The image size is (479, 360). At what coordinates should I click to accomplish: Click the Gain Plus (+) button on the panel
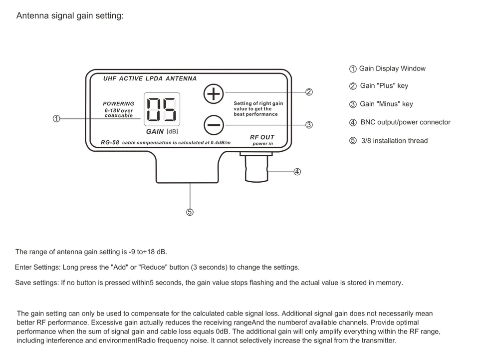(214, 93)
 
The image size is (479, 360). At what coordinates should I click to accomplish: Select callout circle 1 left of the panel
(56, 119)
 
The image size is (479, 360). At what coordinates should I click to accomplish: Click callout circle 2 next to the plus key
(309, 92)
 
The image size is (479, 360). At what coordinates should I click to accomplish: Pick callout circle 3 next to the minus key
(309, 125)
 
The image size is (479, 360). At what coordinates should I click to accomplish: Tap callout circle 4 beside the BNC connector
(297, 172)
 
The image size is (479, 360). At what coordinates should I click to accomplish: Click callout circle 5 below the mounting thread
(190, 212)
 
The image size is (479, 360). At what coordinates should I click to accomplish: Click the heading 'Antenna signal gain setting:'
(70, 15)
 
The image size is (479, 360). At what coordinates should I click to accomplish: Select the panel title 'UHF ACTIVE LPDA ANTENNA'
(150, 79)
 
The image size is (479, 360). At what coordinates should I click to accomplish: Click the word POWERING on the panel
(118, 104)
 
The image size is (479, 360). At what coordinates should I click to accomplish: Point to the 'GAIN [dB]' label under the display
(162, 132)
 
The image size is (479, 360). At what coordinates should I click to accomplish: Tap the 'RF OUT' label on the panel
(262, 137)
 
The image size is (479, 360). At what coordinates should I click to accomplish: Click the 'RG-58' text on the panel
(110, 142)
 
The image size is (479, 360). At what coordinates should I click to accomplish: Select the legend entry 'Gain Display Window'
(392, 69)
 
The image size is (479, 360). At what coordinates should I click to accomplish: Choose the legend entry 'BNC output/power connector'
(405, 122)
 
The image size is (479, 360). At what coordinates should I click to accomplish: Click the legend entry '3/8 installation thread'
(394, 141)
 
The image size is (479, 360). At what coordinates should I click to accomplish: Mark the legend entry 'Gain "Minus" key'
(386, 104)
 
